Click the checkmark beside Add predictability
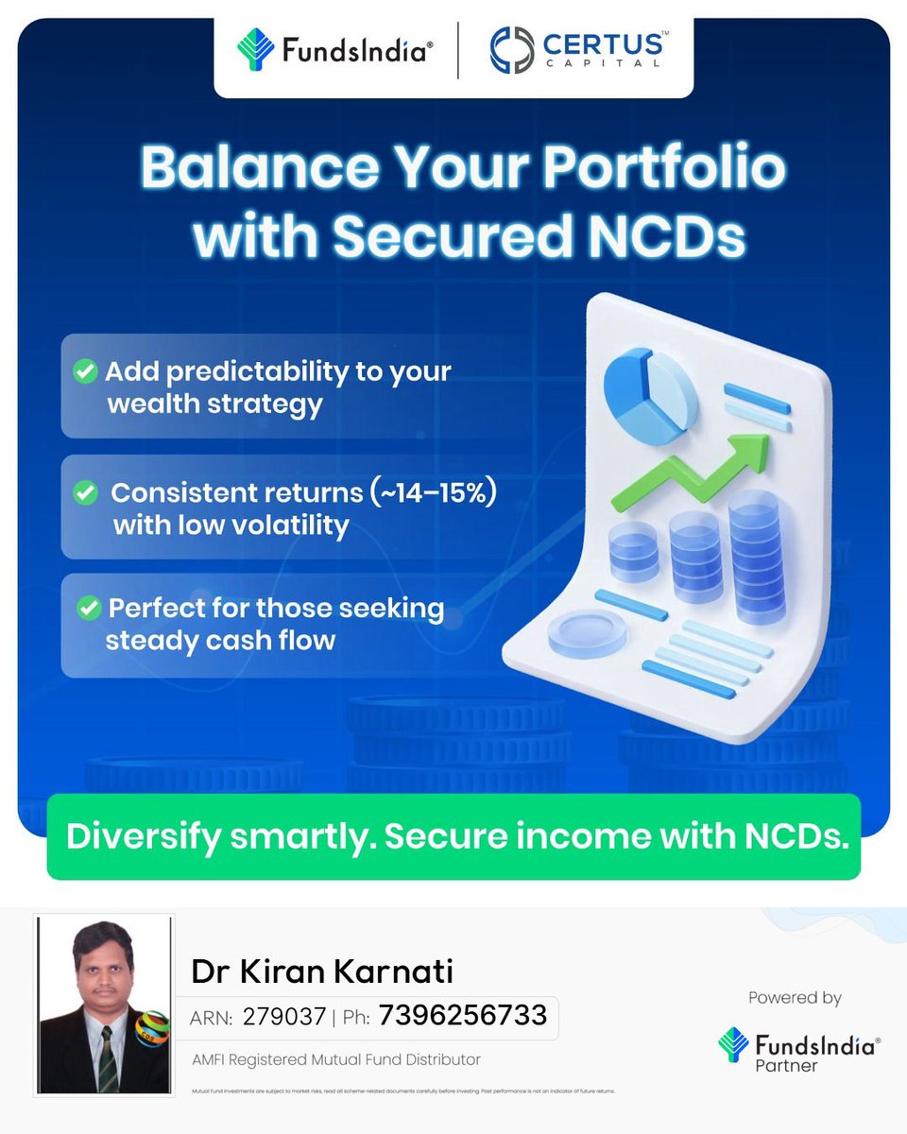[86, 371]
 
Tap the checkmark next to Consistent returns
[86, 492]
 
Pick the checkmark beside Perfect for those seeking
[88, 608]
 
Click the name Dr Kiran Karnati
[322, 971]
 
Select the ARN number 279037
[283, 1017]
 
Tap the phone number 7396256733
[463, 1016]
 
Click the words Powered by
[795, 998]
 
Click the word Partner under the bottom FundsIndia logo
[786, 1066]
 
